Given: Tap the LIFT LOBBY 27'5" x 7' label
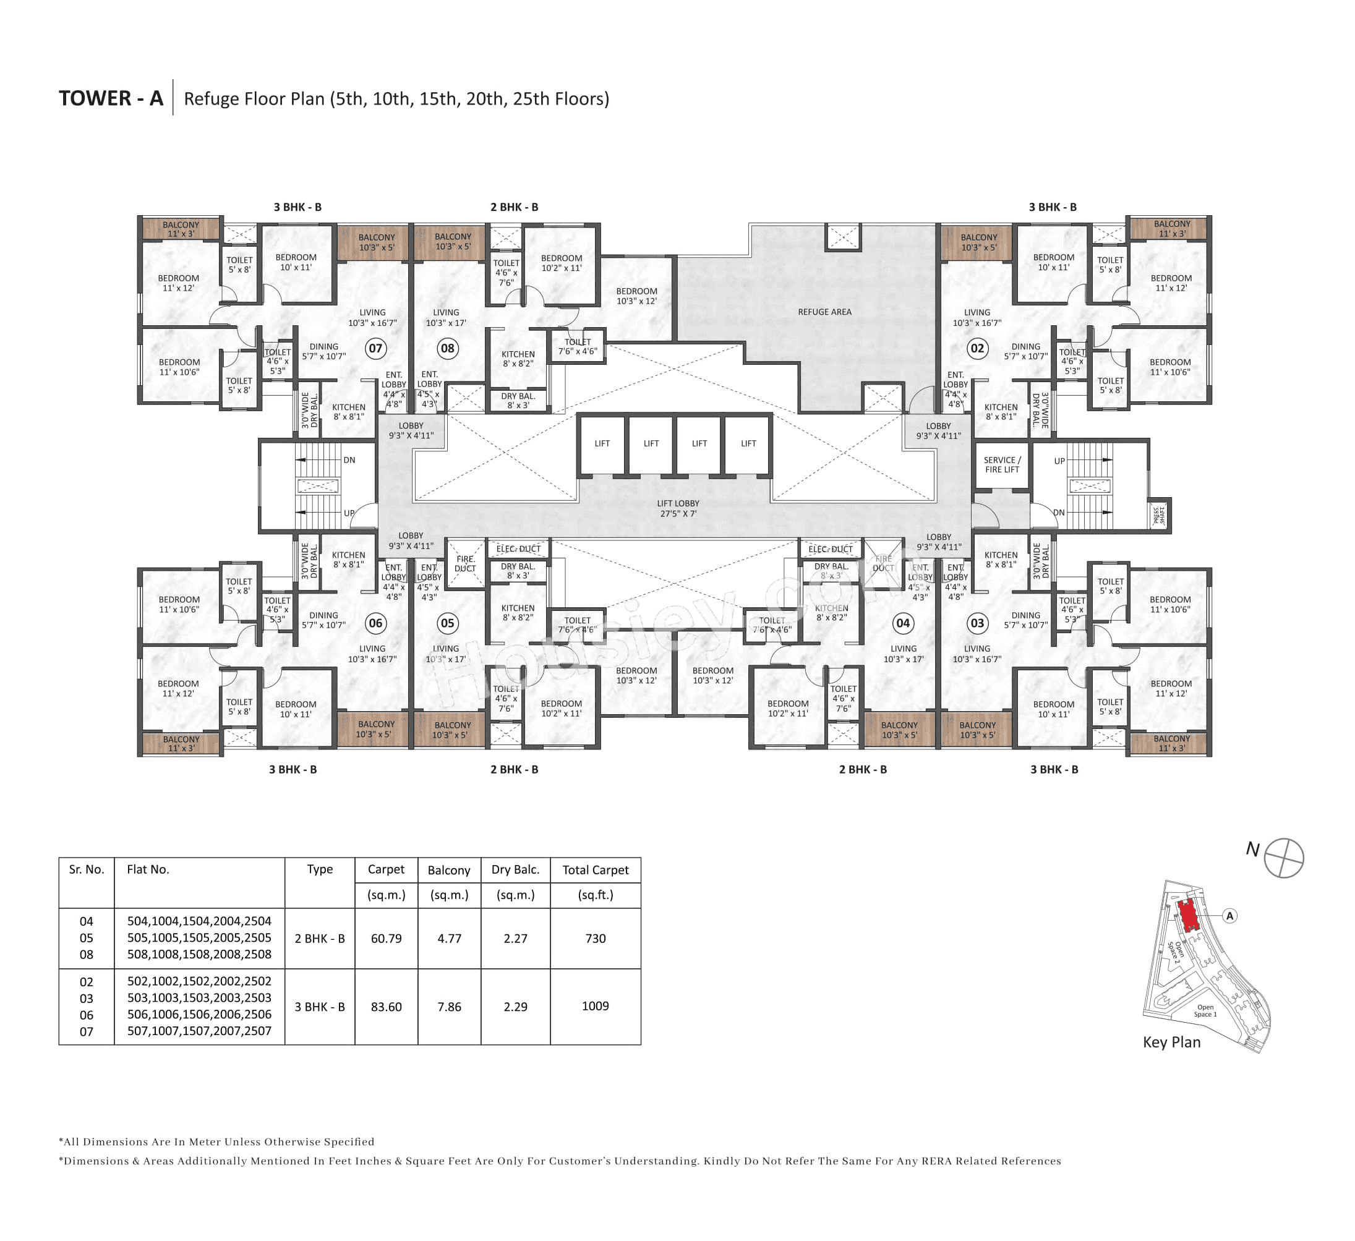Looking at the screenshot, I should click(x=678, y=508).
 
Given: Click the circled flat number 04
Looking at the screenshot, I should click(x=903, y=623).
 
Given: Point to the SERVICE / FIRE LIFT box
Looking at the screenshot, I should click(x=1001, y=465).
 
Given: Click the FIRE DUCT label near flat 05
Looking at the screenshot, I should click(x=464, y=564).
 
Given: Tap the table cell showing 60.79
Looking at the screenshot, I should click(x=386, y=938).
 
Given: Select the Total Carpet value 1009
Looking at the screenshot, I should click(x=595, y=1006).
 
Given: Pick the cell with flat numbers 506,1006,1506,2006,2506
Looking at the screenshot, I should click(x=199, y=1015).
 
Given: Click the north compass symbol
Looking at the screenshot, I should click(x=1283, y=858).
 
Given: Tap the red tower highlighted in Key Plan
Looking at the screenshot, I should click(x=1187, y=915).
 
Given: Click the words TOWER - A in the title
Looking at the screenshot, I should click(x=111, y=98).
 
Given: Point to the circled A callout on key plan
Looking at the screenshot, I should click(x=1229, y=916).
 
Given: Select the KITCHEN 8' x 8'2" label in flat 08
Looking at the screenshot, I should click(x=518, y=359).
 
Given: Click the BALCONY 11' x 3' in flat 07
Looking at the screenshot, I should click(x=181, y=229).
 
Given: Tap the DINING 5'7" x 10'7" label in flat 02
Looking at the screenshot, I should click(x=1025, y=351).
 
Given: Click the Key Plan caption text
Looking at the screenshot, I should click(x=1171, y=1042).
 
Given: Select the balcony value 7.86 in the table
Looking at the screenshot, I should click(x=449, y=1007).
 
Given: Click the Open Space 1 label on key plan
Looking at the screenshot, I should click(x=1205, y=1010).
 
